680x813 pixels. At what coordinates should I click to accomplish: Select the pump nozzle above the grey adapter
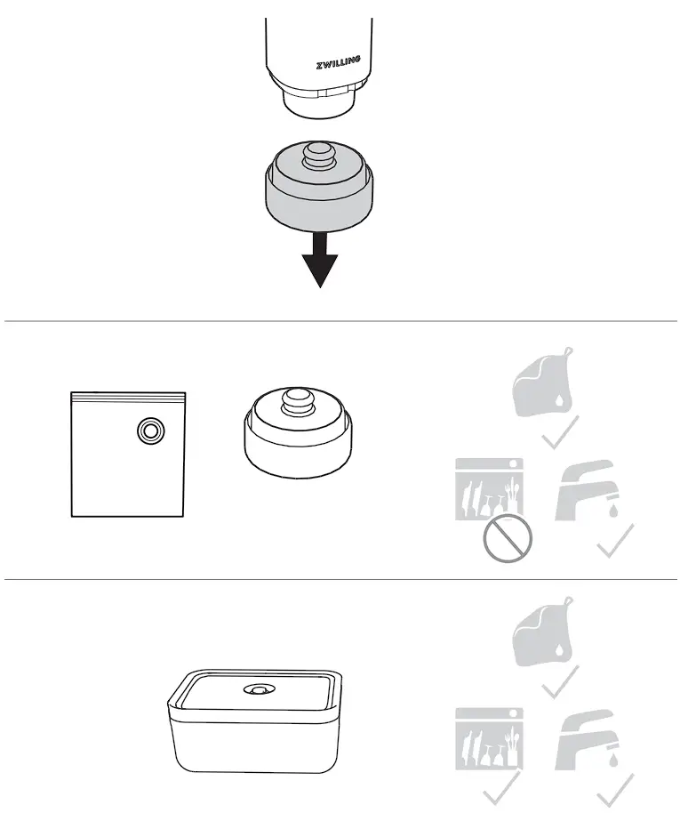coord(318,100)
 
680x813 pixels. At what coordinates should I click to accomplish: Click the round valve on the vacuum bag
coord(148,431)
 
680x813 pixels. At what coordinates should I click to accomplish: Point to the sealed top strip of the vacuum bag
coord(128,393)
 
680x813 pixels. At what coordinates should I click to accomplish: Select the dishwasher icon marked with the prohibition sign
coord(488,489)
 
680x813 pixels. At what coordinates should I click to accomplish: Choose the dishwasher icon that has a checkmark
coord(488,738)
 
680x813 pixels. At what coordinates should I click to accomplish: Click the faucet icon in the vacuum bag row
coord(588,488)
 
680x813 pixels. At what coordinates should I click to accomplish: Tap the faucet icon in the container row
coord(588,737)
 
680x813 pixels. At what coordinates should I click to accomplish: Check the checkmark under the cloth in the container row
coord(562,682)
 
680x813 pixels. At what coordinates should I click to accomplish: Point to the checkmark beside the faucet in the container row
coord(616,787)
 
